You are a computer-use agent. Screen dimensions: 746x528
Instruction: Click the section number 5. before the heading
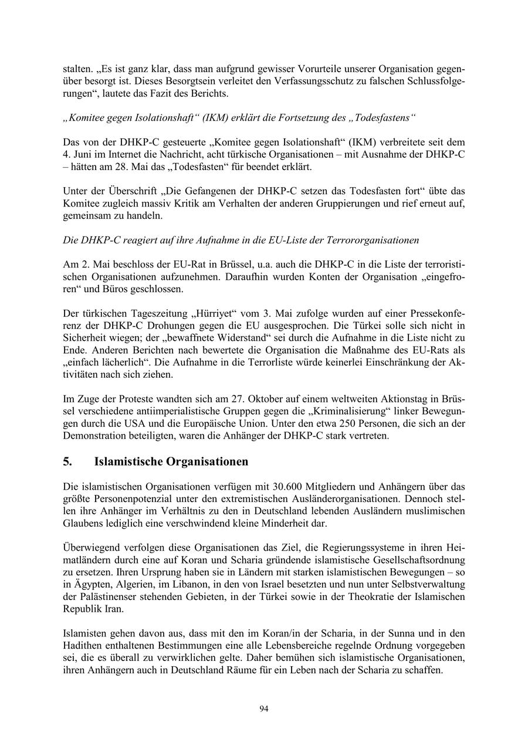pos(67,462)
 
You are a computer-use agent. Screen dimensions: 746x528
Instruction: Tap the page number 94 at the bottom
pos(264,709)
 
